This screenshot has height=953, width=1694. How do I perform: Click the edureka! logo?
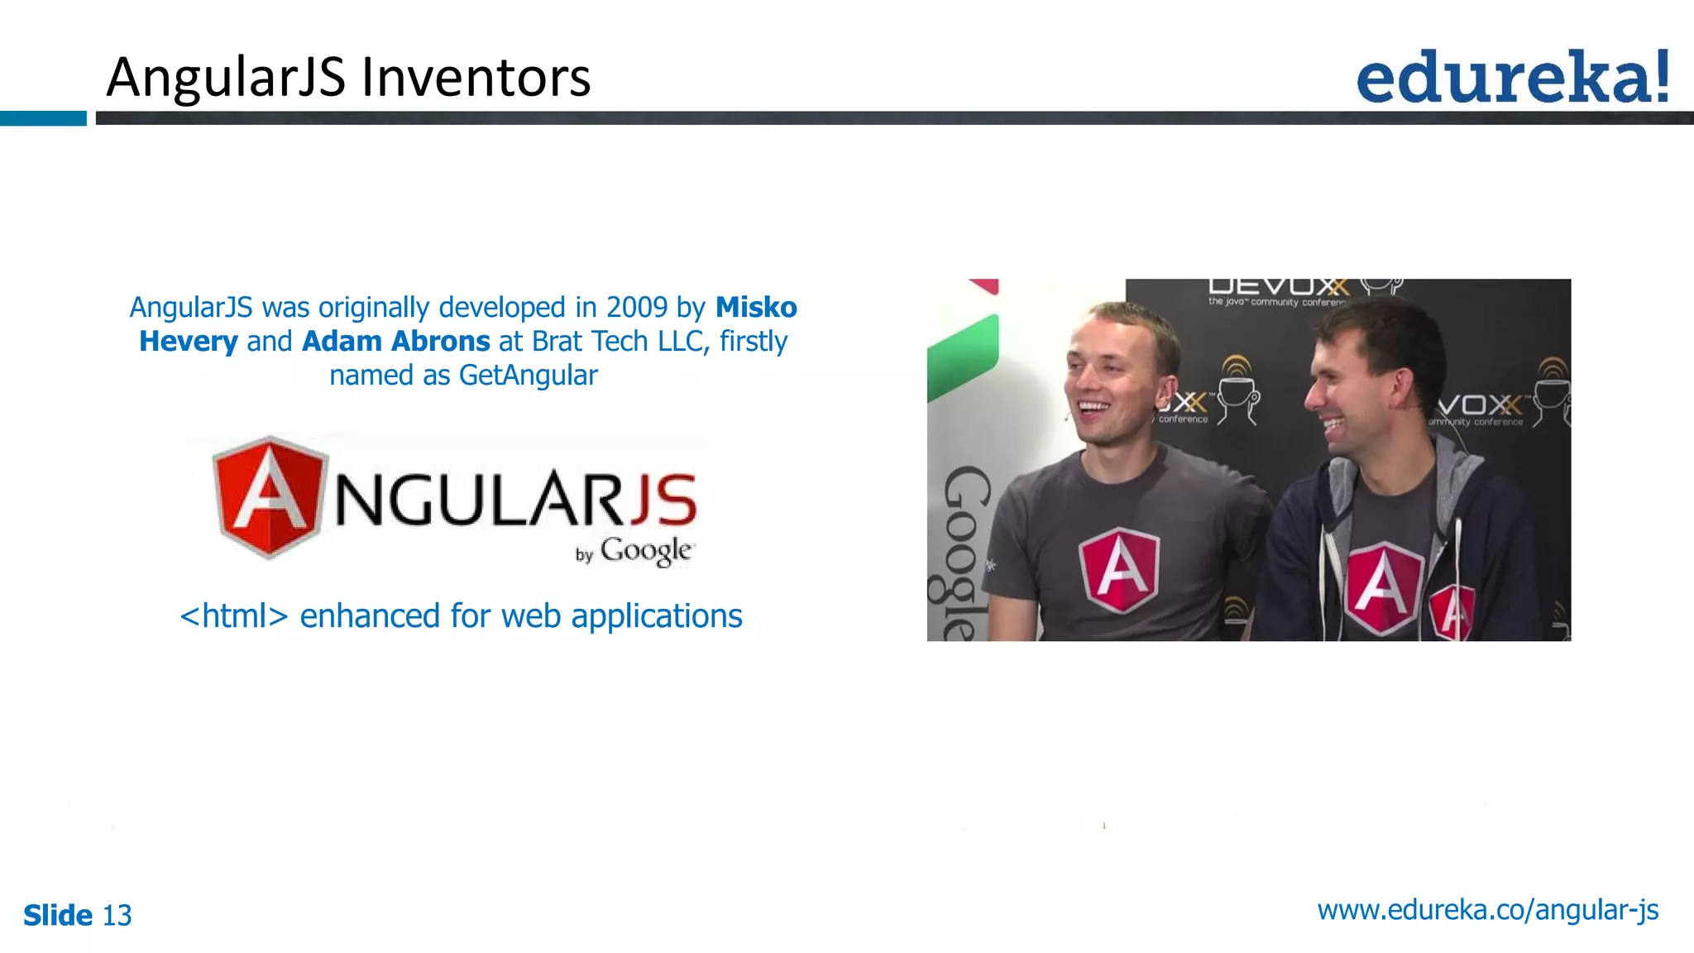click(1512, 78)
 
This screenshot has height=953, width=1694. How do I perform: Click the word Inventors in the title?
click(476, 77)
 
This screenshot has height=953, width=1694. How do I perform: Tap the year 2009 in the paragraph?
click(636, 308)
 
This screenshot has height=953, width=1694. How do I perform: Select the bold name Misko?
click(756, 308)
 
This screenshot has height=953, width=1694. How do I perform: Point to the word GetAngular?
click(528, 376)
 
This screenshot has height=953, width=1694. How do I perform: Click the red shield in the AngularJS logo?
click(268, 496)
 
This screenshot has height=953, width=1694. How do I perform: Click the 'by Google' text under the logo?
click(634, 552)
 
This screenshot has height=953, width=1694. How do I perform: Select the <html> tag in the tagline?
click(234, 616)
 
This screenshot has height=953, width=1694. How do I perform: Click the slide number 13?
click(117, 916)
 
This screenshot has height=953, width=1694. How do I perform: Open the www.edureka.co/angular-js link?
click(1487, 910)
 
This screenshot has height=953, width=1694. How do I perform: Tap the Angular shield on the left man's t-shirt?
click(1119, 570)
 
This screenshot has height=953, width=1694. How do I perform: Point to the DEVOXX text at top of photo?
click(1278, 287)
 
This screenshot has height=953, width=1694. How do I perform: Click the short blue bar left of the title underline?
click(43, 118)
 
